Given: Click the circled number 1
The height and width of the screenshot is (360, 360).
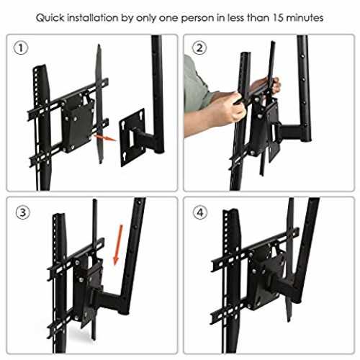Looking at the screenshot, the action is tap(21, 48).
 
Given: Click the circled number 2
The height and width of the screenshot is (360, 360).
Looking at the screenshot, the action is tap(199, 48).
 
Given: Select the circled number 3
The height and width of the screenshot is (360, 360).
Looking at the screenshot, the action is tap(22, 212).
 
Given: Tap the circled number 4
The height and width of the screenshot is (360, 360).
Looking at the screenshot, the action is tap(200, 212).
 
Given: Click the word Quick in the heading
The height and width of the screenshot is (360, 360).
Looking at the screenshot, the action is tap(50, 18).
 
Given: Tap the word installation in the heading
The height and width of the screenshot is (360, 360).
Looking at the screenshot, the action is tap(93, 18).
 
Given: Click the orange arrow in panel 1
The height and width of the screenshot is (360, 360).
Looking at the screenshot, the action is tap(104, 138).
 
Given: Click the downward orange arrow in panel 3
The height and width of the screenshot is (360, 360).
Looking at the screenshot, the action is tap(118, 245).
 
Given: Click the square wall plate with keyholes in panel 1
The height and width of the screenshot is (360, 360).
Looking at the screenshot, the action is tap(132, 138).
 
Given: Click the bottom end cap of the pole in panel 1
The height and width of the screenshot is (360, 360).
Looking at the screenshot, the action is tap(159, 151).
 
